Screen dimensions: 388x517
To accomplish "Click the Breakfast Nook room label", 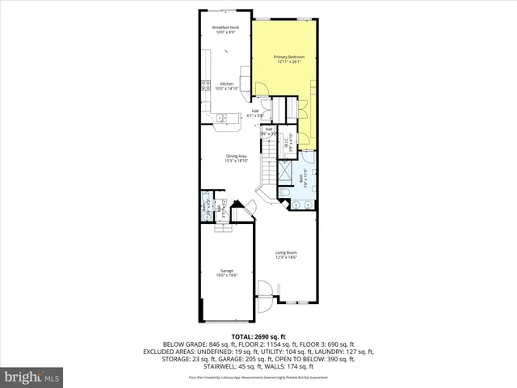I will [226, 28].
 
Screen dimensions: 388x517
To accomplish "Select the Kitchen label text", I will [227, 84].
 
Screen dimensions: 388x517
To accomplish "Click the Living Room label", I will [286, 253].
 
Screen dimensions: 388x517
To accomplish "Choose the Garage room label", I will [226, 271].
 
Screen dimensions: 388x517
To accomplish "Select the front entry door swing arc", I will [264, 290].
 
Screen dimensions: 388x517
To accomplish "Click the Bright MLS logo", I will [31, 377].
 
